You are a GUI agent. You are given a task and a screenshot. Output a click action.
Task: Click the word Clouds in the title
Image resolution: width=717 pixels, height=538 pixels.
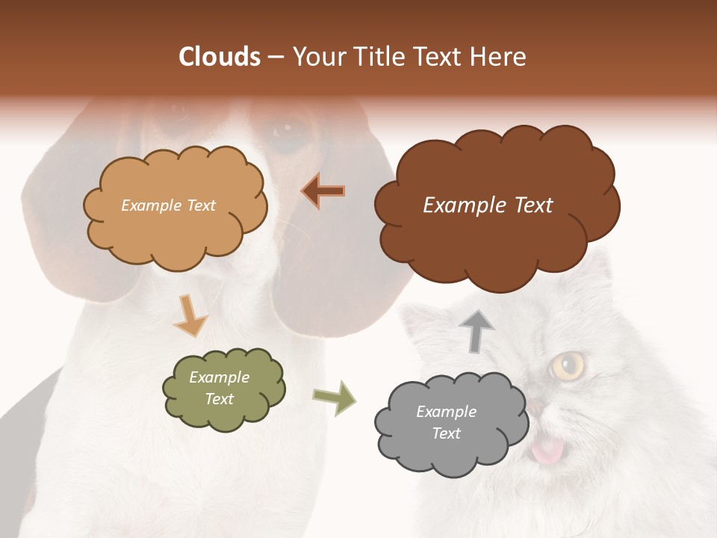point(220,57)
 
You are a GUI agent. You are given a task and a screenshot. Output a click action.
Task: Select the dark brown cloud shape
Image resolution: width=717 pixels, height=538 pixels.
point(497,224)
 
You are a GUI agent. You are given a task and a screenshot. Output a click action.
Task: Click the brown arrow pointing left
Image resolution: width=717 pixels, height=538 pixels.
point(323,191)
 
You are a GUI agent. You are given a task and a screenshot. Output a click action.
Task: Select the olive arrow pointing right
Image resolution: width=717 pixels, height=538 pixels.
point(334,398)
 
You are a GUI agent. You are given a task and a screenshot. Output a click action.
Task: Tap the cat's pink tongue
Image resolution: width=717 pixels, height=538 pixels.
point(547,450)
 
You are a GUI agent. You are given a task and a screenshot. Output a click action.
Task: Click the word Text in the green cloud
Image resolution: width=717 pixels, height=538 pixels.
point(219,399)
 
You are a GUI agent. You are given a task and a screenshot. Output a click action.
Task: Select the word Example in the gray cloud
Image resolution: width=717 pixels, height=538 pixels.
point(446,412)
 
